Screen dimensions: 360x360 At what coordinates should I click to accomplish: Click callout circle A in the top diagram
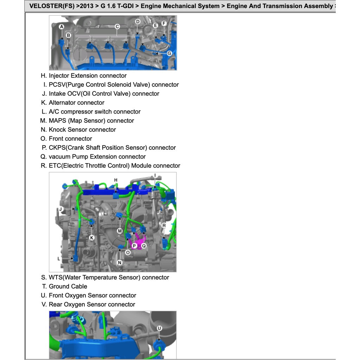point(62,27)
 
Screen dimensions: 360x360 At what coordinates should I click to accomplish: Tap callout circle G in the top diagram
point(169,53)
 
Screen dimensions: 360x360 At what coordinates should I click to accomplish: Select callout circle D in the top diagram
point(137,22)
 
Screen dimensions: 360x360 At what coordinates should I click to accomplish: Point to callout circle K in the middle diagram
point(92,238)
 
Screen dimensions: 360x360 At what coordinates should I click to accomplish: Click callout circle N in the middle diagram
point(120,262)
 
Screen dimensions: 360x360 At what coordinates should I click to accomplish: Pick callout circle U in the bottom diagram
point(159,328)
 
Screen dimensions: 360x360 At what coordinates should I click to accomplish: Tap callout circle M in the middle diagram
point(120,231)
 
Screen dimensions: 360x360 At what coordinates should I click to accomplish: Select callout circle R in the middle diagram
point(164,225)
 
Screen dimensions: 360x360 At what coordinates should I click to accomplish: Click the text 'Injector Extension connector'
point(88,76)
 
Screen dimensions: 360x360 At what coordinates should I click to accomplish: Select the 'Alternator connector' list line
point(76,103)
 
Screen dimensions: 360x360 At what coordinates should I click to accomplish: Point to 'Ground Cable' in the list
point(68,287)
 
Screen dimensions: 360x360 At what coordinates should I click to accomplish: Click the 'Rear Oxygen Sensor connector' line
point(92,304)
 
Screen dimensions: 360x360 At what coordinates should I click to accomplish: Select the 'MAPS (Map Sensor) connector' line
point(91,121)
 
